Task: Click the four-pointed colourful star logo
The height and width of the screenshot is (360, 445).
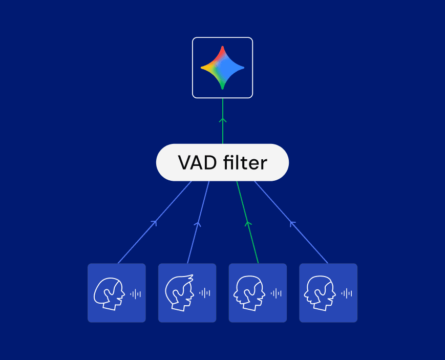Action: point(222,68)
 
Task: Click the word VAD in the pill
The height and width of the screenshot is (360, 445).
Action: point(197,163)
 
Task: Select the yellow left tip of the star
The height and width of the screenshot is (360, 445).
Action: point(203,68)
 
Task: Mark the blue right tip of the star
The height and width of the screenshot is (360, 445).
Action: point(242,68)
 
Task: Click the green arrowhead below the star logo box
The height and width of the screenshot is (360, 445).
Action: point(222,120)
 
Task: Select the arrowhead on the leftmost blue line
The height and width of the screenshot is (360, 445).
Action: point(154,223)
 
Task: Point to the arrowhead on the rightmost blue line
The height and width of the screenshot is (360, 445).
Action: point(292,223)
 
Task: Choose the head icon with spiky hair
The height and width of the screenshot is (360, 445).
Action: point(179,293)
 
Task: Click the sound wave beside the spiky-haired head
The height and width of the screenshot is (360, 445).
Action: point(205,293)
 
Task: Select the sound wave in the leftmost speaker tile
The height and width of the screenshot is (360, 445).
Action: point(135,293)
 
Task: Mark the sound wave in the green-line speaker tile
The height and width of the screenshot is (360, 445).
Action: point(276,293)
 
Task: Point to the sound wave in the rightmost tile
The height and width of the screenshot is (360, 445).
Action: point(347,293)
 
